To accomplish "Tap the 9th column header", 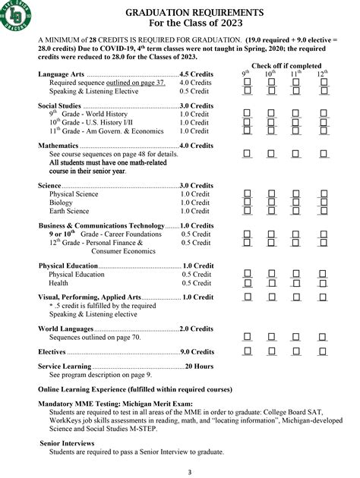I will [x=246, y=74].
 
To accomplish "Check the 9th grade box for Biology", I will [x=246, y=203].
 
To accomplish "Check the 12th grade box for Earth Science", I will [x=324, y=212].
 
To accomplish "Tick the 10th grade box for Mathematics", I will [x=271, y=154].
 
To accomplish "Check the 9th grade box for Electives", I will [x=246, y=352].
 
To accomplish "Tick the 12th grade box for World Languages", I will [x=324, y=337].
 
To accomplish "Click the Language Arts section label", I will [x=62, y=74].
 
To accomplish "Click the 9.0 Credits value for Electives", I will [x=197, y=352].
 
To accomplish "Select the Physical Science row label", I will [x=74, y=194].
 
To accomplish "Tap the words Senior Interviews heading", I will [x=70, y=442].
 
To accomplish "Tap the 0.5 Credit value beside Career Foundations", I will [x=195, y=234].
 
